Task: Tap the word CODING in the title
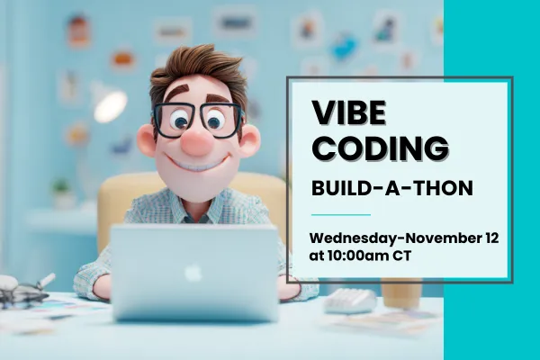click(x=380, y=147)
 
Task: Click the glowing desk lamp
click(x=109, y=104)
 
